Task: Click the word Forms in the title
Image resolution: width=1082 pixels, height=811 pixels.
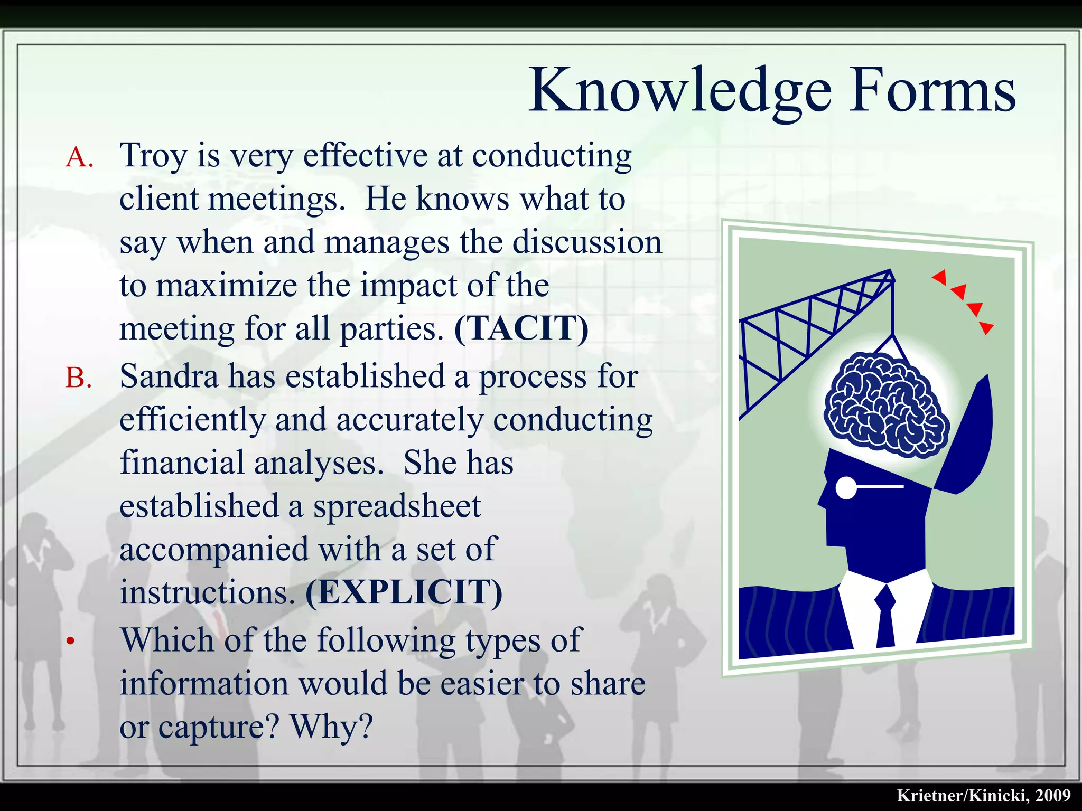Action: pyautogui.click(x=932, y=91)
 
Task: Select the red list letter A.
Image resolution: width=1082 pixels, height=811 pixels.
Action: pyautogui.click(x=79, y=157)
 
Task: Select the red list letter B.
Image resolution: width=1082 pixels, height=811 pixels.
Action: pyautogui.click(x=79, y=378)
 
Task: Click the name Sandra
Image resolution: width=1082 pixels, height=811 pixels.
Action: pyautogui.click(x=169, y=377)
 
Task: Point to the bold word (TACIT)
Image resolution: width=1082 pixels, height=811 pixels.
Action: pyautogui.click(x=521, y=328)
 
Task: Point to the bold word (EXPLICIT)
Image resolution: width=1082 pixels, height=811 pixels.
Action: pyautogui.click(x=404, y=592)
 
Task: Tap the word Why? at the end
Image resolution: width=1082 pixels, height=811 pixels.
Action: pyautogui.click(x=332, y=728)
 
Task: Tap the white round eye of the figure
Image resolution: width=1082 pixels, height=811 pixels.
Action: pyautogui.click(x=846, y=487)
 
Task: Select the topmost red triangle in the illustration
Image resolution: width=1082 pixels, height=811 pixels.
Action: pyautogui.click(x=940, y=277)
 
